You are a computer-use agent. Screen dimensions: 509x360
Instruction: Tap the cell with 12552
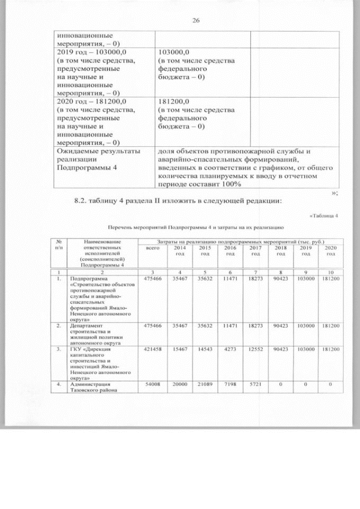point(255,350)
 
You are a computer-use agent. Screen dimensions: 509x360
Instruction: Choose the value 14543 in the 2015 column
point(205,350)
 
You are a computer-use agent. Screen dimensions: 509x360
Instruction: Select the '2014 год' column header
point(180,251)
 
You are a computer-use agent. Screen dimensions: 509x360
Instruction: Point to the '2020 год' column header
point(331,251)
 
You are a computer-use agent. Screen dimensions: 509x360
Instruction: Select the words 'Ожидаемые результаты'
point(93,152)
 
